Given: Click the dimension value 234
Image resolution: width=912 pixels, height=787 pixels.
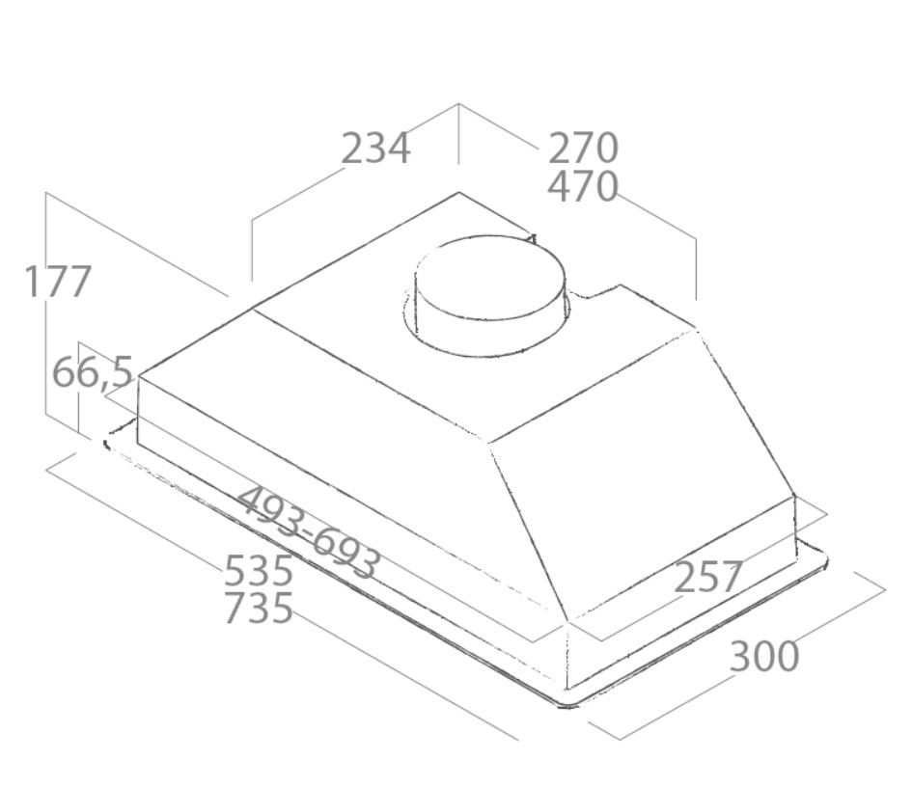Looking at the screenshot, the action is click(375, 149).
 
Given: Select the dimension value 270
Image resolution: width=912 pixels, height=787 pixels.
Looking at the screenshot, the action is click(583, 149).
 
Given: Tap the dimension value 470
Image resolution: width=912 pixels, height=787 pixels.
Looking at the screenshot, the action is click(583, 186).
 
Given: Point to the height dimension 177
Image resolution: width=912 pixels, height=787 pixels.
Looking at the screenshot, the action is click(58, 282).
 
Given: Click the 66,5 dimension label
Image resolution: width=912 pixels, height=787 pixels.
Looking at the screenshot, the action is click(93, 372).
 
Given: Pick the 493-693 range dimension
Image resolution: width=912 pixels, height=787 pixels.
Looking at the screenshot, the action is click(310, 532).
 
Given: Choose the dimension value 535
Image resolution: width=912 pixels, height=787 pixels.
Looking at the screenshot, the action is click(259, 570).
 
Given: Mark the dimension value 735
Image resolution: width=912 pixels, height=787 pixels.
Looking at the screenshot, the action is click(259, 608).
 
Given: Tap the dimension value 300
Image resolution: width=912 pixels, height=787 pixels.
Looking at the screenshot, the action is click(764, 657).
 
